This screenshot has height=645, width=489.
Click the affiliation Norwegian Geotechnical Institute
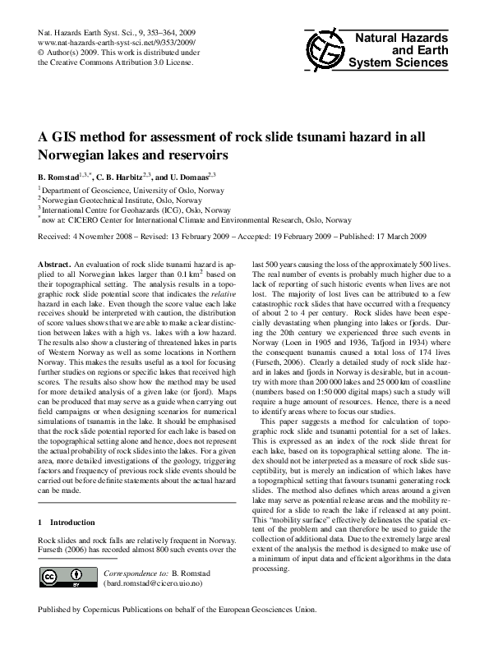tap(106, 200)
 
